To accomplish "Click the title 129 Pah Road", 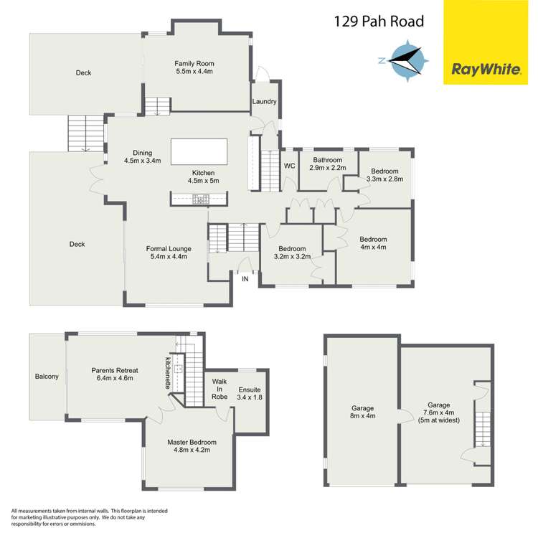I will pyautogui.click(x=378, y=22).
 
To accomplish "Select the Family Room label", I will pyautogui.click(x=194, y=67).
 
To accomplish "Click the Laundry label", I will pyautogui.click(x=264, y=102).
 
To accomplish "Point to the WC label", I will pyautogui.click(x=289, y=166).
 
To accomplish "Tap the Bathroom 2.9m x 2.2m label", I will pyautogui.click(x=327, y=164).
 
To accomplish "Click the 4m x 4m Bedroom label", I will pyautogui.click(x=373, y=243).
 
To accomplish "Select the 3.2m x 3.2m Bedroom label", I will pyautogui.click(x=292, y=252).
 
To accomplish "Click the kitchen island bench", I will pyautogui.click(x=199, y=151).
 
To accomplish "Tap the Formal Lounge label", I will pyautogui.click(x=169, y=253).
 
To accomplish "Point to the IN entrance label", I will pyautogui.click(x=246, y=278).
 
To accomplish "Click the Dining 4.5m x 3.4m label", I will pyautogui.click(x=142, y=156).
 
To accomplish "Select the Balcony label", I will pyautogui.click(x=47, y=377).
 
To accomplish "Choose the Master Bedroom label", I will pyautogui.click(x=192, y=447).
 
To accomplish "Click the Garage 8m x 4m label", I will pyautogui.click(x=362, y=412).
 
